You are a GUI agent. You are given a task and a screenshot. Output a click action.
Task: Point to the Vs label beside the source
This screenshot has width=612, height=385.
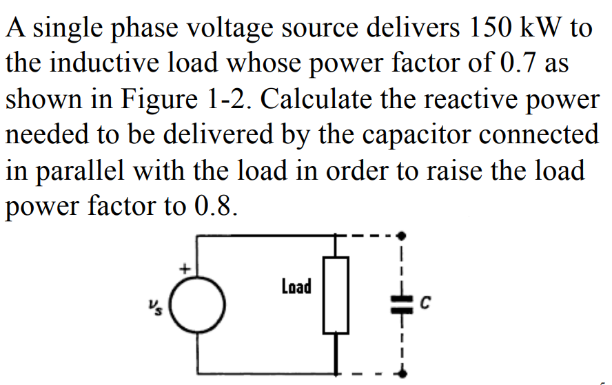153,303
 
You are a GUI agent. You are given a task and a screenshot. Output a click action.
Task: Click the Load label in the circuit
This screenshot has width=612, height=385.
296,286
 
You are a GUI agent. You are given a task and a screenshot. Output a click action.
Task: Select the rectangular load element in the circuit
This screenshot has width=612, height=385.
336,294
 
